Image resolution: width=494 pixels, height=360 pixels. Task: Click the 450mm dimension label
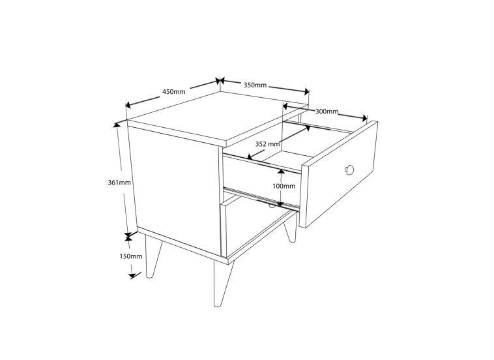pyautogui.click(x=174, y=91)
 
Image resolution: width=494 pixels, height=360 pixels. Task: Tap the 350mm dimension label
pyautogui.click(x=255, y=85)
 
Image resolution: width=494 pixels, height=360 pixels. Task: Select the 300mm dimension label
pyautogui.click(x=327, y=112)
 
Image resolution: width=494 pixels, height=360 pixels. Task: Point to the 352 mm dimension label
pyautogui.click(x=267, y=144)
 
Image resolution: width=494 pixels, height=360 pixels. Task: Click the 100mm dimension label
pyautogui.click(x=284, y=186)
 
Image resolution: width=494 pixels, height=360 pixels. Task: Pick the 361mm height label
pyautogui.click(x=119, y=183)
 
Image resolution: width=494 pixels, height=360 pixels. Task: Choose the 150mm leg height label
pyautogui.click(x=130, y=256)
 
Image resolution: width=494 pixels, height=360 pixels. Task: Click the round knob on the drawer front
pyautogui.click(x=349, y=170)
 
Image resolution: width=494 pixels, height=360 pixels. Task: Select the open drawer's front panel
pyautogui.click(x=339, y=176)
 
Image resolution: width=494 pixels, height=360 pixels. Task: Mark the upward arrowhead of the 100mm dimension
pyautogui.click(x=280, y=171)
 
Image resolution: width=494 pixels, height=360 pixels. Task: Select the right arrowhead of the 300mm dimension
pyautogui.click(x=365, y=119)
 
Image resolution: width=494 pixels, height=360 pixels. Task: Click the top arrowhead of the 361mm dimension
pyautogui.click(x=117, y=124)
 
